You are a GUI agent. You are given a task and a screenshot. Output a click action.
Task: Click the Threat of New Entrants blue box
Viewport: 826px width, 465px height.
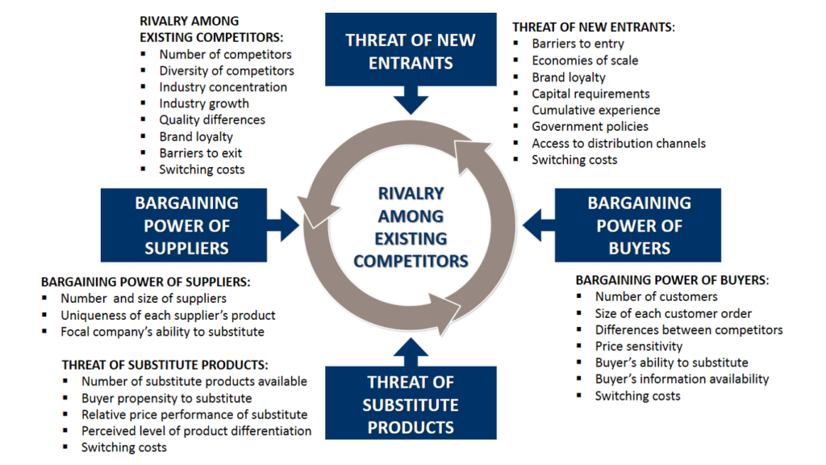411,50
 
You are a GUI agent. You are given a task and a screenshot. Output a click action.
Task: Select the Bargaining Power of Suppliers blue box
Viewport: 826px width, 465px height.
187,225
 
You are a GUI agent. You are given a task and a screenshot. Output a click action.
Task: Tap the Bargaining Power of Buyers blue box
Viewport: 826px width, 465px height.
638,225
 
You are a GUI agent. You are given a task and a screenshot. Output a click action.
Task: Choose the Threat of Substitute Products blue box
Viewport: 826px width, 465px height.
411,404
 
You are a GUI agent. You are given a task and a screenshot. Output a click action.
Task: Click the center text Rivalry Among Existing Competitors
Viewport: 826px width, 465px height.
411,228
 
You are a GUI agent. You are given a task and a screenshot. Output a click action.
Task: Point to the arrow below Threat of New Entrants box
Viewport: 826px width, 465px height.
411,100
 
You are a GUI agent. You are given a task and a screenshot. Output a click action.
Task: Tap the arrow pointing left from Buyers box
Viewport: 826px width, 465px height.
536,220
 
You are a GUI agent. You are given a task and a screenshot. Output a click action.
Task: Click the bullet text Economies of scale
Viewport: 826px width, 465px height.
585,61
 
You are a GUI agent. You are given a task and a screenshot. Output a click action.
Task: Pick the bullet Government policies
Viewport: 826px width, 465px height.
590,127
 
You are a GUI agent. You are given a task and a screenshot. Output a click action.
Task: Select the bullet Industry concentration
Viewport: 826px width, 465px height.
223,87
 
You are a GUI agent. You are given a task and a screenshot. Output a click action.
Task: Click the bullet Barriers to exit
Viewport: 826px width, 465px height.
200,153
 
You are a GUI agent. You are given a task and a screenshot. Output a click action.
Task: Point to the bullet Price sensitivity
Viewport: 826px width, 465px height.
639,346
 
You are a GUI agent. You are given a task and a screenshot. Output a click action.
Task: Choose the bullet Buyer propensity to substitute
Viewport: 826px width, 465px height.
166,398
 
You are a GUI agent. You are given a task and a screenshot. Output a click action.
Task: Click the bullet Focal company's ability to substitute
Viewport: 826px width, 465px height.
162,332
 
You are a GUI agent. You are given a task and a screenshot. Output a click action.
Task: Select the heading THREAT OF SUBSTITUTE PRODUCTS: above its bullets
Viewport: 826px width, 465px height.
165,365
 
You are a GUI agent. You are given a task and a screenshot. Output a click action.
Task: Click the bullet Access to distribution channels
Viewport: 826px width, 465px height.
619,144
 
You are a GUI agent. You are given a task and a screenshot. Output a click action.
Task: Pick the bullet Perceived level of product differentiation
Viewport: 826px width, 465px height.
196,431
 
